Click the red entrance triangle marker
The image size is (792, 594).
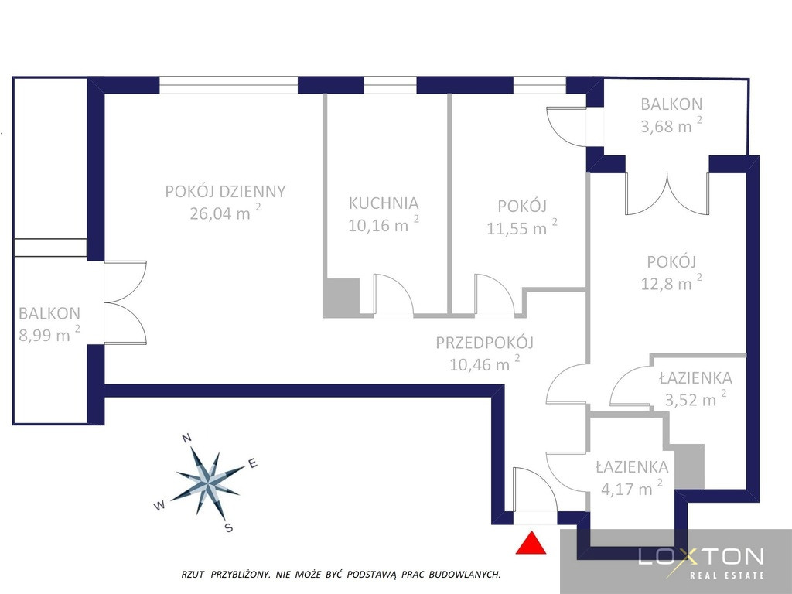pyautogui.click(x=531, y=543)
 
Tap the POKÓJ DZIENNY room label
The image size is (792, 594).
pyautogui.click(x=225, y=192)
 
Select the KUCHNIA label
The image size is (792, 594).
pyautogui.click(x=384, y=203)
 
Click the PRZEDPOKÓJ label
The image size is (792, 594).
pyautogui.click(x=485, y=343)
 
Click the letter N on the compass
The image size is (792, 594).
pyautogui.click(x=186, y=438)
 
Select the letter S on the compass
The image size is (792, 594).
pyautogui.click(x=229, y=528)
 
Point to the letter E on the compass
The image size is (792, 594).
pyautogui.click(x=253, y=463)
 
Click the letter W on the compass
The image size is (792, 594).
pyautogui.click(x=159, y=506)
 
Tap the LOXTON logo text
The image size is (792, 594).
pyautogui.click(x=701, y=557)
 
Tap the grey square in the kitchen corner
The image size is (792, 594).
pyautogui.click(x=341, y=298)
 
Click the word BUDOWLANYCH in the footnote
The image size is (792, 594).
pyautogui.click(x=465, y=575)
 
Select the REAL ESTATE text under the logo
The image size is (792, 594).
pyautogui.click(x=727, y=575)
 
